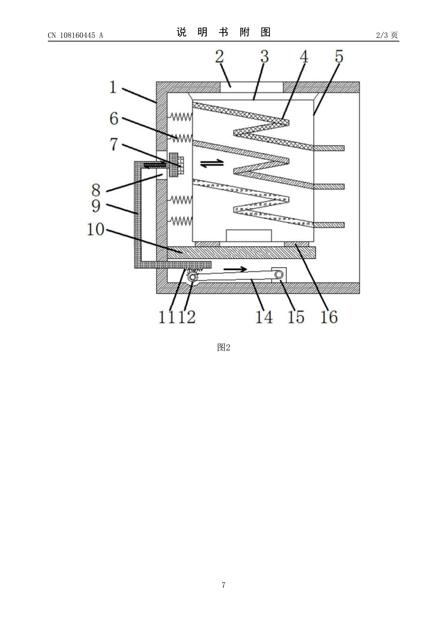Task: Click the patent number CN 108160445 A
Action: (x=75, y=35)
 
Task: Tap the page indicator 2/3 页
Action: (x=387, y=35)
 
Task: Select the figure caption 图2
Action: (x=223, y=347)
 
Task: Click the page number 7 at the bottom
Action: (x=223, y=585)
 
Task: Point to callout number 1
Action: (x=113, y=87)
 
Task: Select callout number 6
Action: (x=114, y=119)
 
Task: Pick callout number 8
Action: (x=96, y=190)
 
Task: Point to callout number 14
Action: (x=264, y=317)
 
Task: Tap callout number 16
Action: (x=329, y=317)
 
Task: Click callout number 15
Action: (x=296, y=317)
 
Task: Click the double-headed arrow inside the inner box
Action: (x=212, y=163)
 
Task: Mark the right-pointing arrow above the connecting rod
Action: (x=235, y=269)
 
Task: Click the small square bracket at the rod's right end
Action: (x=279, y=275)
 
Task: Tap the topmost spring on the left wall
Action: (x=180, y=117)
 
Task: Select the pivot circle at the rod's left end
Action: (x=193, y=277)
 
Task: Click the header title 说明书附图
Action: (x=223, y=32)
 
